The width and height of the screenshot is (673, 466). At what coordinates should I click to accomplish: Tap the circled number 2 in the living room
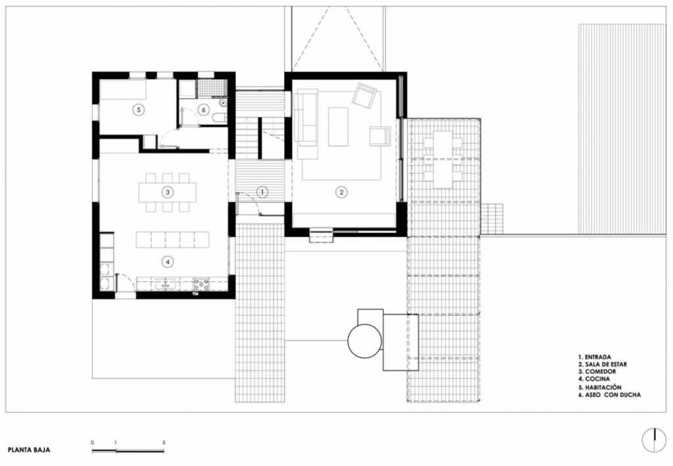tap(341, 192)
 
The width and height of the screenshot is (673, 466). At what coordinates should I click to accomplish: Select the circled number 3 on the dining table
tap(168, 192)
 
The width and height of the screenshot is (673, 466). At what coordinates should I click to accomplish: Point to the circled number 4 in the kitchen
tap(168, 261)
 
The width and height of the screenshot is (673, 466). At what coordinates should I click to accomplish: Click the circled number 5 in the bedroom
tap(138, 110)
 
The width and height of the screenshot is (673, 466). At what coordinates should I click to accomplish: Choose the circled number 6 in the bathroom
tap(204, 110)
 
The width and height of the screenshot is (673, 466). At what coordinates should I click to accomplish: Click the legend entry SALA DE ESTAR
tap(602, 365)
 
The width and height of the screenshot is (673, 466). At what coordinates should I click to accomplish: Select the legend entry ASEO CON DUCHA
tap(609, 395)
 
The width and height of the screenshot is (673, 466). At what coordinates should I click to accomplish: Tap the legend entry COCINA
tap(594, 379)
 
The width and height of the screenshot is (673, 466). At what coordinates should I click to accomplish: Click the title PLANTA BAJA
tap(29, 450)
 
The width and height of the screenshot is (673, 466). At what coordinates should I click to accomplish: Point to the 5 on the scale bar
tap(164, 442)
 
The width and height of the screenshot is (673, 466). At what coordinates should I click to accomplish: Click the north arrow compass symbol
tap(654, 441)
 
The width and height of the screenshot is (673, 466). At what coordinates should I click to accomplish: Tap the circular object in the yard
tap(364, 340)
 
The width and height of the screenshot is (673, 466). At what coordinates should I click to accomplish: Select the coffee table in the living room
tap(338, 127)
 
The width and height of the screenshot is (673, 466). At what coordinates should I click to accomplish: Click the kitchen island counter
tap(173, 240)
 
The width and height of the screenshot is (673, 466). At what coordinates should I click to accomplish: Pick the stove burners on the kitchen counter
tap(202, 284)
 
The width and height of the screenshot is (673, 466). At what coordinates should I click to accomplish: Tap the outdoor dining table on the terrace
tap(443, 159)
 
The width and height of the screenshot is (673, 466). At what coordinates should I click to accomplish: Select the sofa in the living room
tap(305, 115)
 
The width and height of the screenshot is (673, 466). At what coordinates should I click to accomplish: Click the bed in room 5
tap(124, 90)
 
